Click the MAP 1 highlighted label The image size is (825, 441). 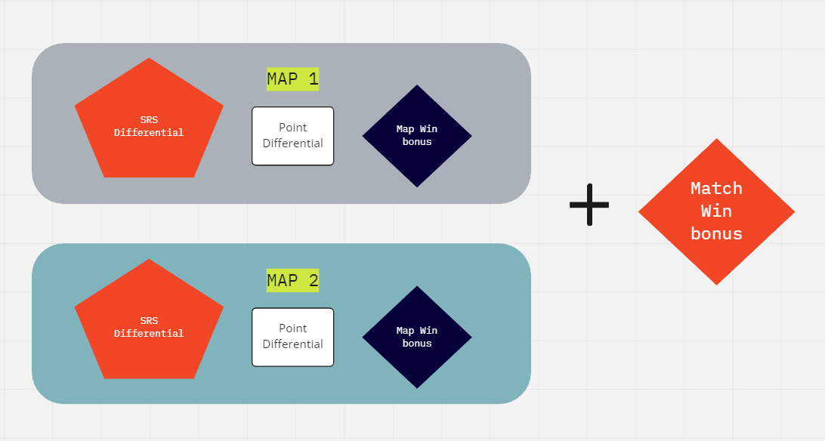tap(292, 79)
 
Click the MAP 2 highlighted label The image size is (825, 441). tap(292, 281)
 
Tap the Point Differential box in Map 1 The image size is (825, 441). tap(292, 136)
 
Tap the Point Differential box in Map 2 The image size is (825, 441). tap(292, 337)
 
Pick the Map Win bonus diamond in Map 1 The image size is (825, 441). tap(417, 136)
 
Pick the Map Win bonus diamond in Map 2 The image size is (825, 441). tap(417, 337)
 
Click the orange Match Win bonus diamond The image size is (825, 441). tap(716, 211)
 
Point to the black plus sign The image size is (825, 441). tap(589, 204)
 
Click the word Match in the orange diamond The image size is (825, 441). tap(716, 188)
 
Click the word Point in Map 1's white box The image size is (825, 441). tap(292, 128)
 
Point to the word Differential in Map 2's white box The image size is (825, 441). tap(292, 344)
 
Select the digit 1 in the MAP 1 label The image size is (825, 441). tap(313, 79)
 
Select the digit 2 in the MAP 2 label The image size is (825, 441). tap(313, 281)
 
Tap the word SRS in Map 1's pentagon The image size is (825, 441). tap(149, 119)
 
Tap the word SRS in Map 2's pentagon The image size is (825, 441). tap(149, 320)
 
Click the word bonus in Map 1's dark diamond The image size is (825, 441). tap(417, 142)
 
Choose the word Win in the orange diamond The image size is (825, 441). tap(716, 211)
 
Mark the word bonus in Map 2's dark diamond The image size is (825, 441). tap(417, 344)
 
